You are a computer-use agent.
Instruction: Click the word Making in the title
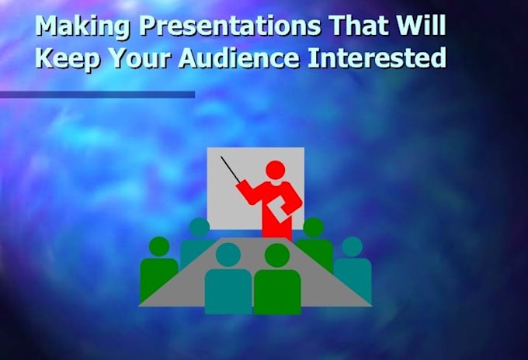(x=82, y=26)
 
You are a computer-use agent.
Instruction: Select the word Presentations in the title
(x=230, y=26)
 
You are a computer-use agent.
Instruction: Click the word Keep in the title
(x=68, y=58)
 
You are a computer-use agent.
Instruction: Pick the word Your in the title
(x=140, y=57)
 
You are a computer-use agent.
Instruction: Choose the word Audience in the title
(x=238, y=57)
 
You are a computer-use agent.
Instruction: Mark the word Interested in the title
(x=377, y=57)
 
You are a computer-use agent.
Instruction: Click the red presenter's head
(x=276, y=170)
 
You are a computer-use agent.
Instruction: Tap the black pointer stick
(x=231, y=170)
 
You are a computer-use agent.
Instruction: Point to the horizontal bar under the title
(x=97, y=95)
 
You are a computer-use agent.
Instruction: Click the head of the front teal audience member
(x=228, y=255)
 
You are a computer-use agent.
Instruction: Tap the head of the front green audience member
(x=277, y=255)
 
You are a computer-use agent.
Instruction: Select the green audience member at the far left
(x=158, y=269)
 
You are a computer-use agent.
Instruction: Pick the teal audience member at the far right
(x=353, y=269)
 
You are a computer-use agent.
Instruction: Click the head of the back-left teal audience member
(x=200, y=227)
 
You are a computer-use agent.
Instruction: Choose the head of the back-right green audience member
(x=314, y=227)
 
